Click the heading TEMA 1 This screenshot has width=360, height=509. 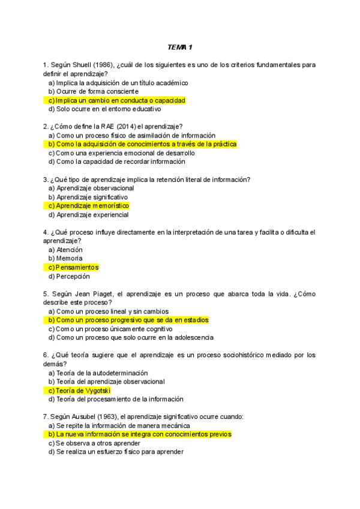[179, 47]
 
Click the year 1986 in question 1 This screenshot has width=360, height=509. [101, 65]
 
